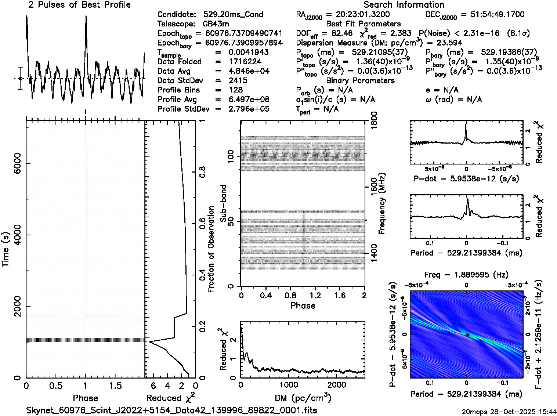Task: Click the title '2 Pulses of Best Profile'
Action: click(79, 5)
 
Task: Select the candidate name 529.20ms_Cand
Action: click(233, 15)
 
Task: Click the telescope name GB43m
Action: click(216, 24)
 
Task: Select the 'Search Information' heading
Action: click(404, 5)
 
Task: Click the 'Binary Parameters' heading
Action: click(360, 81)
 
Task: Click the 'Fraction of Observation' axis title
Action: click(211, 249)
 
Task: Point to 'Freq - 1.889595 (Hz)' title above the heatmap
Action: click(466, 275)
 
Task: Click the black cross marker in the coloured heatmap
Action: click(467, 335)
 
